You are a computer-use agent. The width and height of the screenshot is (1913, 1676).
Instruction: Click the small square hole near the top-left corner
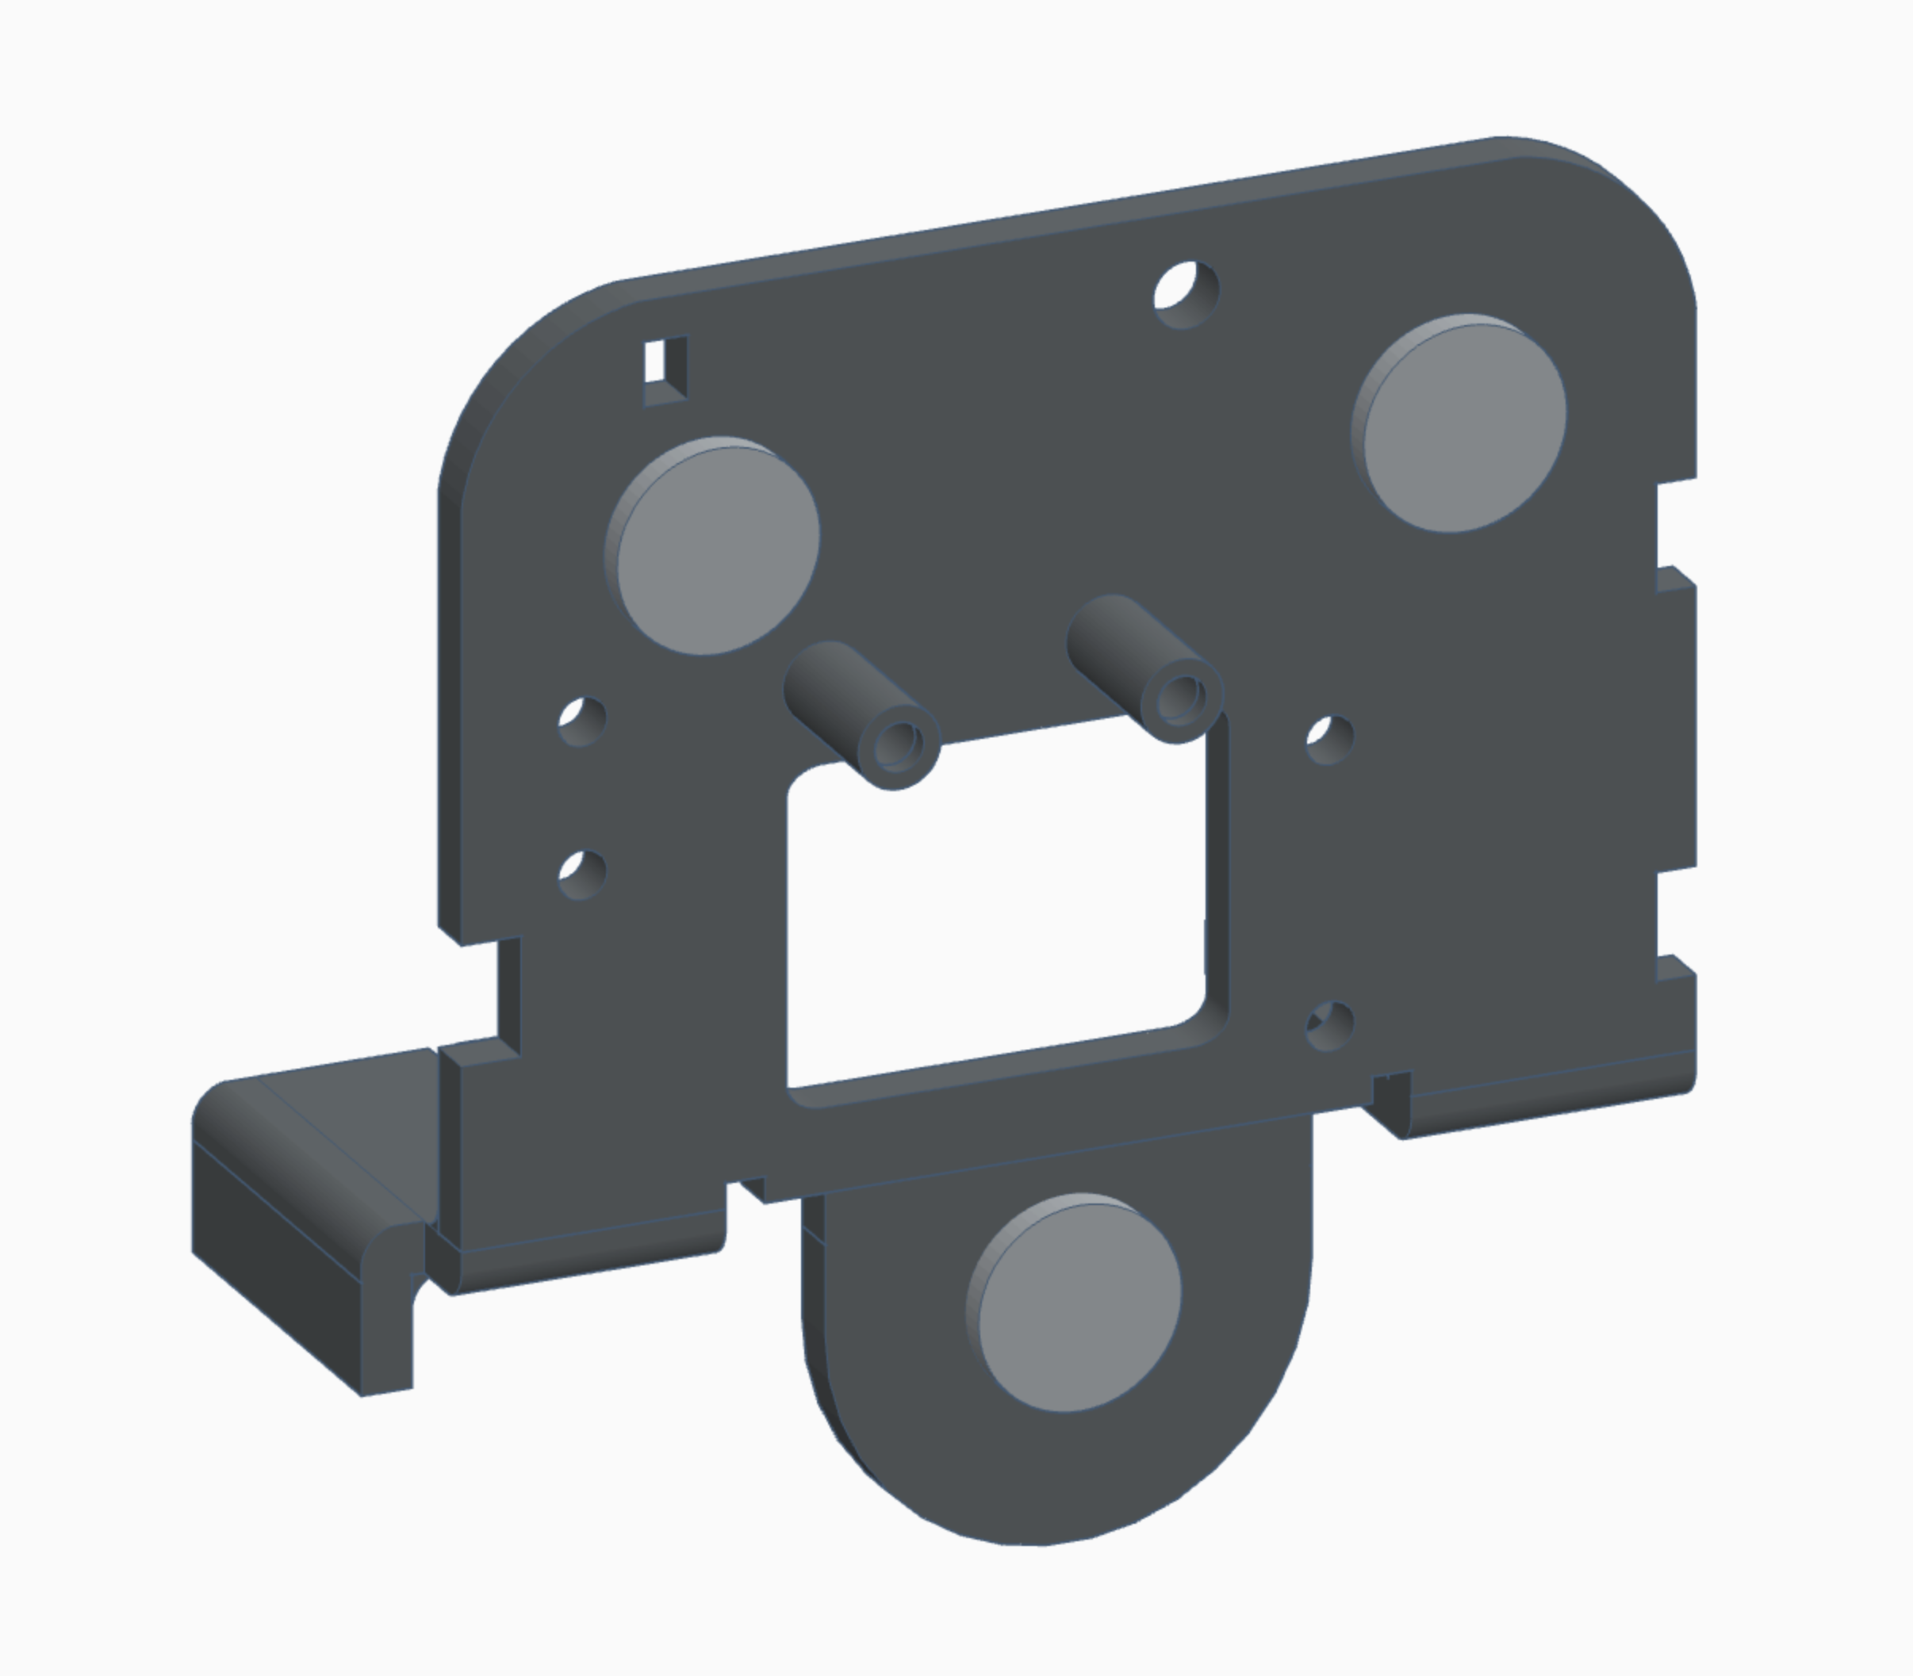665,369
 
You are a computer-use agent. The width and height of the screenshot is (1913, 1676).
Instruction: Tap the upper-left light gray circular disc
715,547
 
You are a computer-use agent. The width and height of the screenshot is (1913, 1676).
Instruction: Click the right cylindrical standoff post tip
1183,697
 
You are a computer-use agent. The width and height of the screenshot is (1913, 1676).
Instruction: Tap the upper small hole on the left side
582,720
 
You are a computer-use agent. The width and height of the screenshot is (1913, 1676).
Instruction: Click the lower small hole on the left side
582,874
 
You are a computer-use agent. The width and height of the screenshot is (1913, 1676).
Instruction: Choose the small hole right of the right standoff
1329,739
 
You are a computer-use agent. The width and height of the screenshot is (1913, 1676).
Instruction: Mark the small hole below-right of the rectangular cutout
1329,1025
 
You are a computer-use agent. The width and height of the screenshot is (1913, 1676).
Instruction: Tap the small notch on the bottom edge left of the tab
749,1188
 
